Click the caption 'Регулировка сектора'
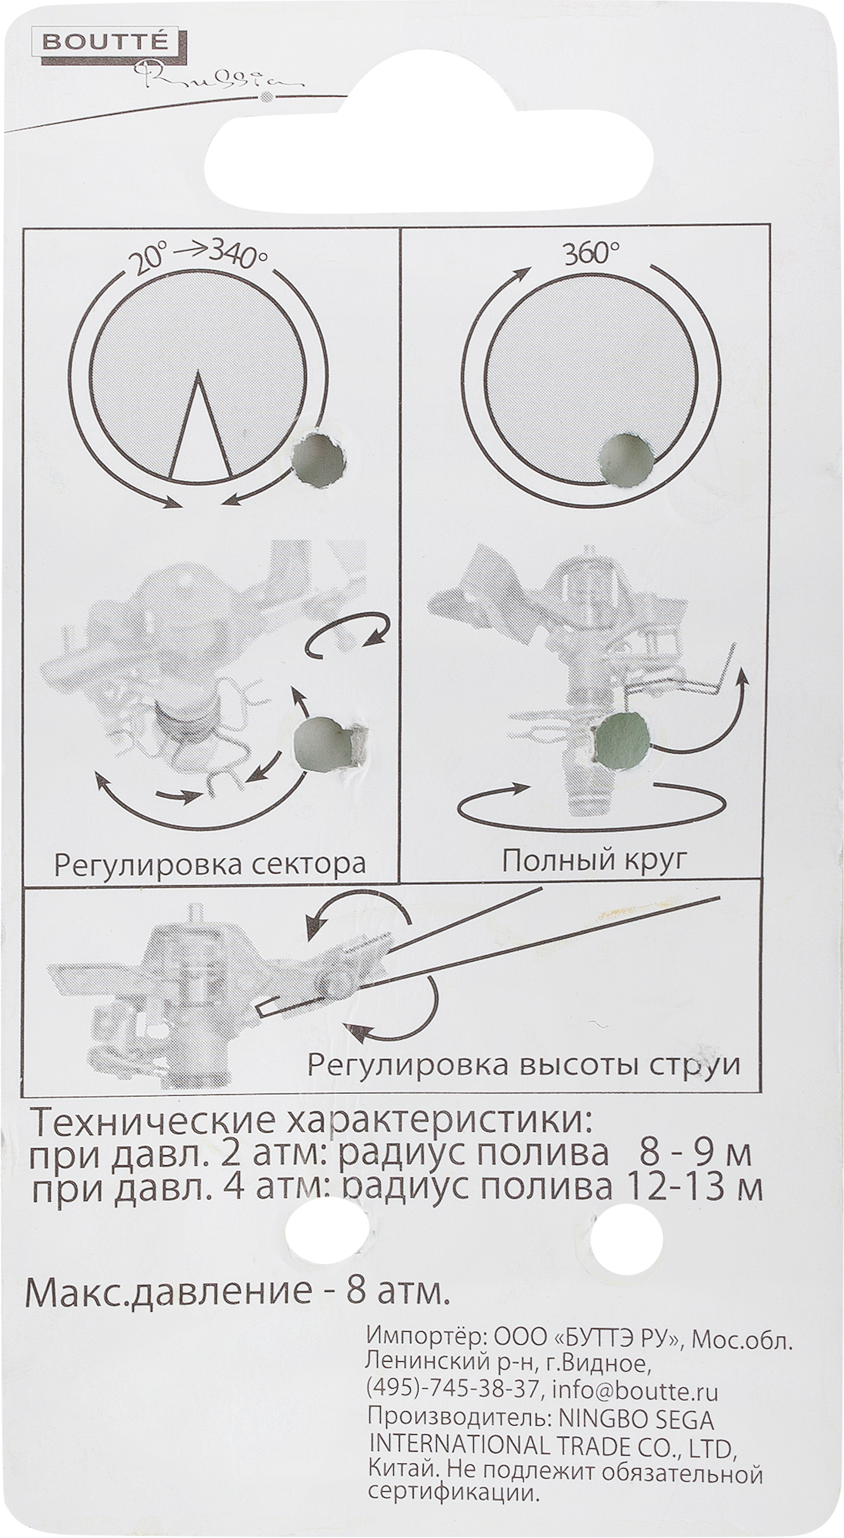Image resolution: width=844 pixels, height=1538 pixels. (208, 864)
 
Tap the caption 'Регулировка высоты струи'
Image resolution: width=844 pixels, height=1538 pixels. (524, 1066)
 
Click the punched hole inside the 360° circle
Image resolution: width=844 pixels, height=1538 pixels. (626, 459)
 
